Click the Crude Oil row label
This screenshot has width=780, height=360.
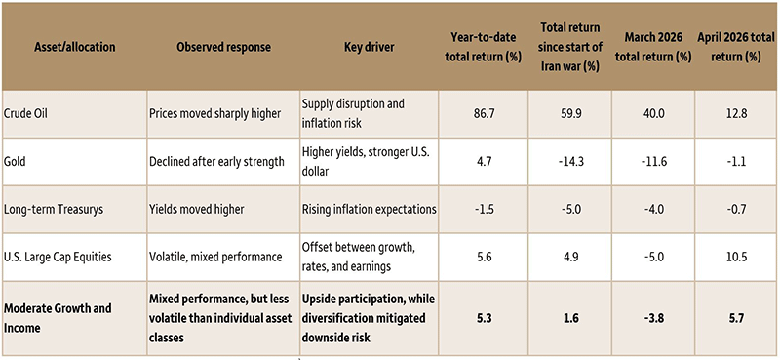25,113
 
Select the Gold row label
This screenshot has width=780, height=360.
14,161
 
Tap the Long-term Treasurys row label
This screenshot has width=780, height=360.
54,209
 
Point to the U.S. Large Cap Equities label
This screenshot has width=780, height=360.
58,257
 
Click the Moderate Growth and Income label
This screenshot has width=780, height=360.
58,318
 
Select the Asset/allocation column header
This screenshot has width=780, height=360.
75,47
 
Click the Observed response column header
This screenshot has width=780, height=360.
224,47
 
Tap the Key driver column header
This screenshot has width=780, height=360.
370,47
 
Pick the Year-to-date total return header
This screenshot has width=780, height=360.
483,47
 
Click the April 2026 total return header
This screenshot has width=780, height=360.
736,47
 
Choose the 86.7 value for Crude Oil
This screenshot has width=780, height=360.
483,113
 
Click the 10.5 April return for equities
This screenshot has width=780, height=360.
736,257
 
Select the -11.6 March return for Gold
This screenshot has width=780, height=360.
653,161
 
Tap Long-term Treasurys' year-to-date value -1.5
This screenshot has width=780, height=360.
483,209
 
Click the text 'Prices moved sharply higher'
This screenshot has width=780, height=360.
214,113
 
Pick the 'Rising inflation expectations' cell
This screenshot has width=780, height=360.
370,209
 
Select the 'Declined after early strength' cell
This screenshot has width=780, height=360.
216,161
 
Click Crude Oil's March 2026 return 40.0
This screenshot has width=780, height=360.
653,113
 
